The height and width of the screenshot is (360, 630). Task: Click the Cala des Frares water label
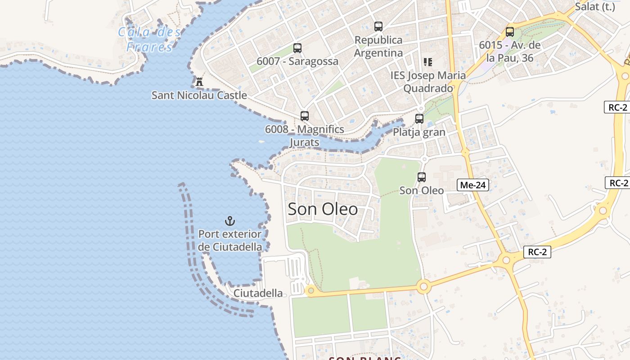[149, 39]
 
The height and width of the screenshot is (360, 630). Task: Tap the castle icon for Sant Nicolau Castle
[199, 81]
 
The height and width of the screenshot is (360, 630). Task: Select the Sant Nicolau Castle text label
[199, 95]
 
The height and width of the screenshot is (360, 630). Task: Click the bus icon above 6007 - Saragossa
[297, 48]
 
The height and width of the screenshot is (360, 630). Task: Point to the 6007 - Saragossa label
[297, 61]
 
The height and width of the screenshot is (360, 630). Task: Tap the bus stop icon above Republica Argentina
[378, 27]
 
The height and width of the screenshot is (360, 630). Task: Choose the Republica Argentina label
[378, 46]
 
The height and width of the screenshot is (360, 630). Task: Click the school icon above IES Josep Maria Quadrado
[427, 62]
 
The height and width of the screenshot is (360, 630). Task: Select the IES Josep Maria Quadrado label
[428, 82]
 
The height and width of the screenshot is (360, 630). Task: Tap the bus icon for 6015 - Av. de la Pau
[509, 32]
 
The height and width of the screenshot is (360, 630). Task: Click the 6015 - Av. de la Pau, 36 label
[509, 51]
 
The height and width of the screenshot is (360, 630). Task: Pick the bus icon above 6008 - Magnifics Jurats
[305, 116]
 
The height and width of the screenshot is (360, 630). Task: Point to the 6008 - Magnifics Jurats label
[305, 136]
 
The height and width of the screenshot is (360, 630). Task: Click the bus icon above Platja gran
[419, 119]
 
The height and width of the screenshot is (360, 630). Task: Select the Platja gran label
[419, 132]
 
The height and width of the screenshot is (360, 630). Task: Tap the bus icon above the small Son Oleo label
[422, 177]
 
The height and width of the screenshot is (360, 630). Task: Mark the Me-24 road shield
[472, 185]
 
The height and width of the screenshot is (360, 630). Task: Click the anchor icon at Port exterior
[230, 221]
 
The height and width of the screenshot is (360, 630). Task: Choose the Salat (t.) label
[595, 6]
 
